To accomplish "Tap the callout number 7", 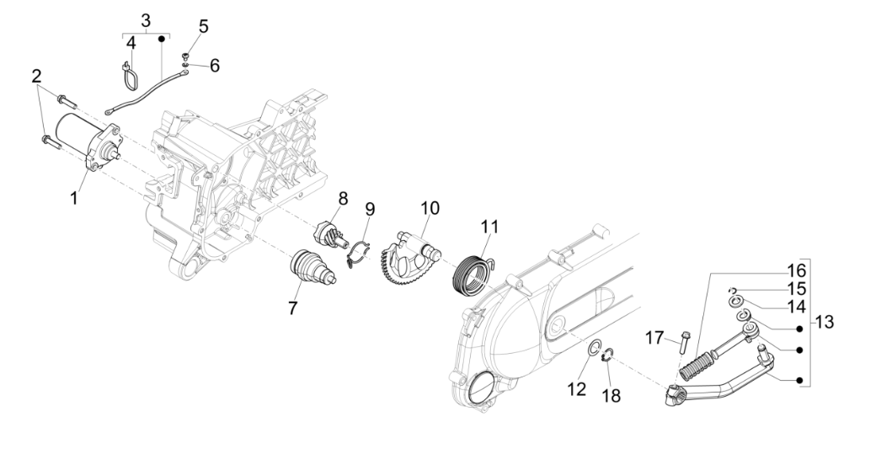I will (x=292, y=308).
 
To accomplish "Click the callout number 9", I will (x=369, y=208).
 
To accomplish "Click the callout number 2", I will (x=36, y=77).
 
